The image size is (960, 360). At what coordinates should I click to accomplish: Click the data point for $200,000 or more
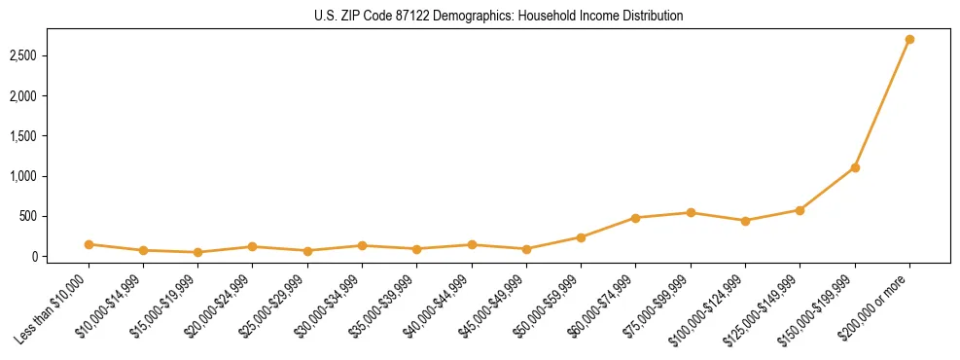pyautogui.click(x=909, y=40)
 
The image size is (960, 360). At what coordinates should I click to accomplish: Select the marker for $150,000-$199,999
pyautogui.click(x=855, y=167)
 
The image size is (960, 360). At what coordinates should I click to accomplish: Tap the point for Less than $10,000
pyautogui.click(x=89, y=244)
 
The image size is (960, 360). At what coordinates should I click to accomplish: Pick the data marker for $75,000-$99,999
pyautogui.click(x=691, y=212)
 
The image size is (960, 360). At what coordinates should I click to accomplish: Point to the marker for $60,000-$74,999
pyautogui.click(x=636, y=218)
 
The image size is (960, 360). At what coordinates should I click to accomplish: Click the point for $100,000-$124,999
pyautogui.click(x=745, y=221)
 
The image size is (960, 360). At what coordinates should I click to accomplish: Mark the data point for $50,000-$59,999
pyautogui.click(x=581, y=237)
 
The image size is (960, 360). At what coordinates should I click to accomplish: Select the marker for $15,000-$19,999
pyautogui.click(x=197, y=252)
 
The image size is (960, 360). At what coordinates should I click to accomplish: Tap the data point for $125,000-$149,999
pyautogui.click(x=800, y=210)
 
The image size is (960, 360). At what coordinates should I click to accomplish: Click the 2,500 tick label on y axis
pyautogui.click(x=49, y=56)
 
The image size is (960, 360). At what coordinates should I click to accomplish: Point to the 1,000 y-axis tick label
pyautogui.click(x=49, y=176)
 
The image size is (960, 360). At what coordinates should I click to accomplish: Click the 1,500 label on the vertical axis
pyautogui.click(x=49, y=136)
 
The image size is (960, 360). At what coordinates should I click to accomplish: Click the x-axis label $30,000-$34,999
pyautogui.click(x=331, y=306)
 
